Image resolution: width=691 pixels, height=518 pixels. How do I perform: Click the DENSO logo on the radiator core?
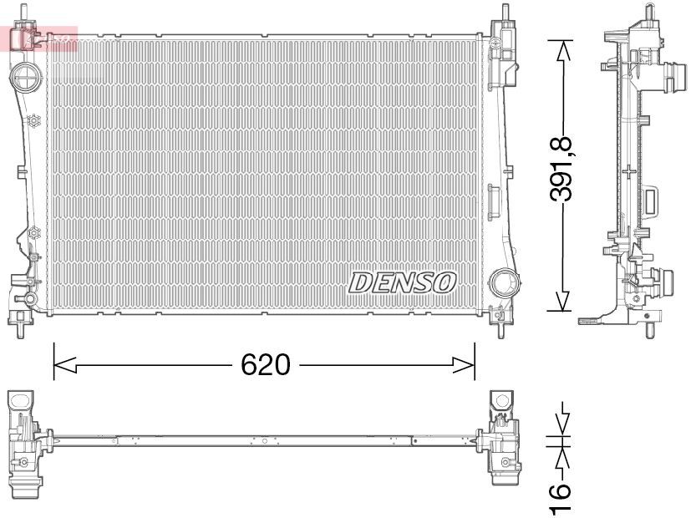point(402,282)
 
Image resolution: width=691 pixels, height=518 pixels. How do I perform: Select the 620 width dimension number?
point(265,365)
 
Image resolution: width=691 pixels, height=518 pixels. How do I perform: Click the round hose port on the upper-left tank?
point(27,80)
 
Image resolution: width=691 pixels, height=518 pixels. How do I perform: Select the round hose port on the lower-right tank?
point(504,282)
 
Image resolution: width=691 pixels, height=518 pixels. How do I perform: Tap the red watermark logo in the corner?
point(40,38)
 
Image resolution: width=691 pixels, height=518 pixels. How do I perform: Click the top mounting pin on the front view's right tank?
point(505,13)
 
